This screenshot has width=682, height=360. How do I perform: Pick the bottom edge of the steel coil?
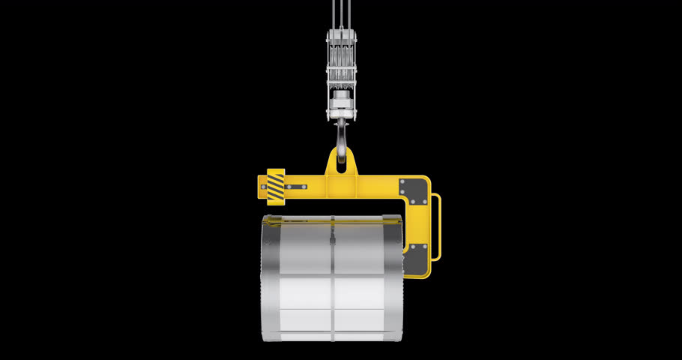click(x=334, y=339)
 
